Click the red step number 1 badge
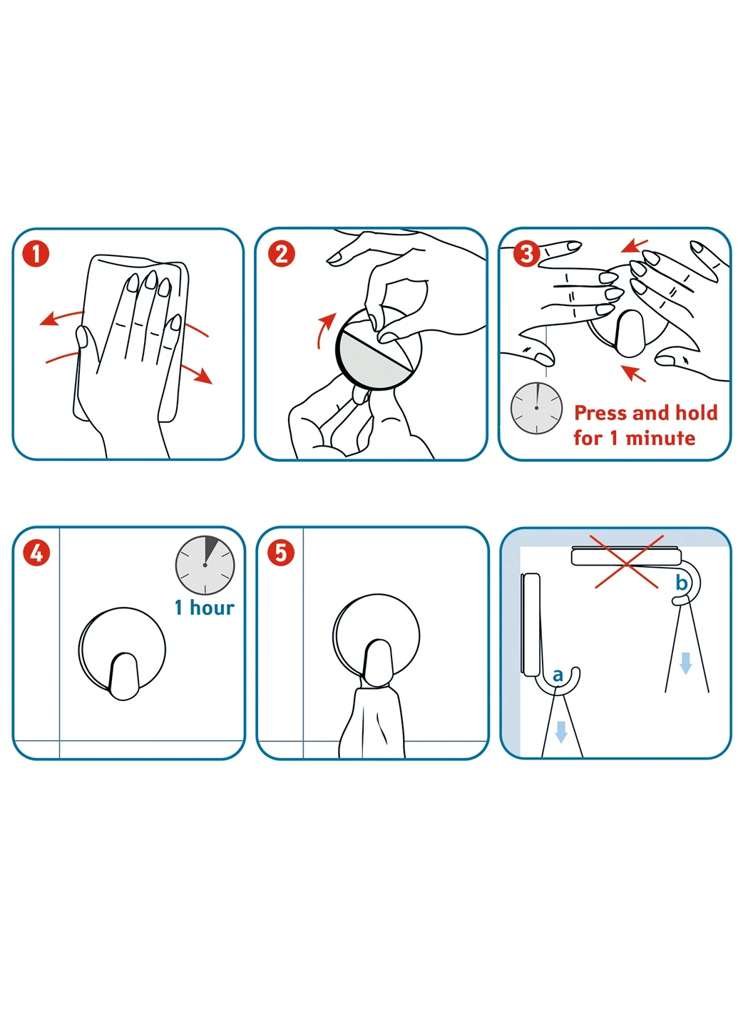pyautogui.click(x=36, y=254)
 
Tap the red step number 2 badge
pyautogui.click(x=281, y=254)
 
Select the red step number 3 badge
pyautogui.click(x=526, y=254)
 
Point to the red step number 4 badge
pyautogui.click(x=36, y=553)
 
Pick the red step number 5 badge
pyautogui.click(x=281, y=553)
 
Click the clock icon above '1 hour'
pyautogui.click(x=205, y=565)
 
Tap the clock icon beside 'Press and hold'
pyautogui.click(x=536, y=408)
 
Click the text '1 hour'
pyautogui.click(x=205, y=608)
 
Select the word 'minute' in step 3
pyautogui.click(x=660, y=438)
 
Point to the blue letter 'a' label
pyautogui.click(x=558, y=675)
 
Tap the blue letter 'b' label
pyautogui.click(x=682, y=582)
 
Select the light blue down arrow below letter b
pyautogui.click(x=685, y=663)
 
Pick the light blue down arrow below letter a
pyautogui.click(x=561, y=732)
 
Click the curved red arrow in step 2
pyautogui.click(x=324, y=329)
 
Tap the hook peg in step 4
pyautogui.click(x=123, y=676)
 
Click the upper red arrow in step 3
pyautogui.click(x=635, y=246)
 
